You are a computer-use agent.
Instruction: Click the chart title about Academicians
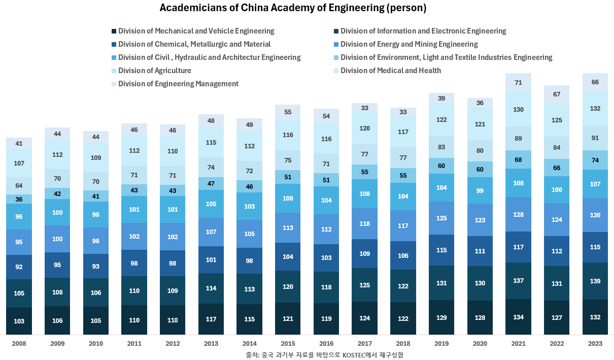pyautogui.click(x=293, y=8)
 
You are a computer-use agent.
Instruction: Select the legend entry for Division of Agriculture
pyautogui.click(x=154, y=71)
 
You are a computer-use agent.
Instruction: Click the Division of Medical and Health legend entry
pyautogui.click(x=390, y=71)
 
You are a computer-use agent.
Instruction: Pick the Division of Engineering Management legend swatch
pyautogui.click(x=114, y=84)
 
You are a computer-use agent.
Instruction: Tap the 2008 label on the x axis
pyautogui.click(x=19, y=344)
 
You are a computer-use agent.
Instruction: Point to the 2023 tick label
pyautogui.click(x=595, y=344)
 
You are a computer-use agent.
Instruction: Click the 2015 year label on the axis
pyautogui.click(x=288, y=344)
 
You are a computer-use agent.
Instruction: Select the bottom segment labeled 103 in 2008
pyautogui.click(x=19, y=321)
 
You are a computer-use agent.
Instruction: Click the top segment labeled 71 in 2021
pyautogui.click(x=518, y=82)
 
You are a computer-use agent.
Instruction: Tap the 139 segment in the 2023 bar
pyautogui.click(x=595, y=281)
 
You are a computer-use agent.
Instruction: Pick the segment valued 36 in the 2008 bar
pyautogui.click(x=19, y=199)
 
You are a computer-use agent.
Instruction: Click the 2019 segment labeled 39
pyautogui.click(x=441, y=98)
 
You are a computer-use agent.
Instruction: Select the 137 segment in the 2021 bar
pyautogui.click(x=518, y=280)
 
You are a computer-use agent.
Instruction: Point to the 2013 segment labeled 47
pyautogui.click(x=211, y=183)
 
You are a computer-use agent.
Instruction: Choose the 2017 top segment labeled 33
pyautogui.click(x=364, y=108)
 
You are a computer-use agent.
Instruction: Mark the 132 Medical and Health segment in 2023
pyautogui.click(x=595, y=108)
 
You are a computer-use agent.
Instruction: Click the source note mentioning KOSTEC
pyautogui.click(x=324, y=354)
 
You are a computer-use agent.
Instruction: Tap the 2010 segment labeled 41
pyautogui.click(x=96, y=196)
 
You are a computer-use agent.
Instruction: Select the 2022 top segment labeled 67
pyautogui.click(x=557, y=94)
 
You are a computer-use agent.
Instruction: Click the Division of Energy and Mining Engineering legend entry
pyautogui.click(x=408, y=44)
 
